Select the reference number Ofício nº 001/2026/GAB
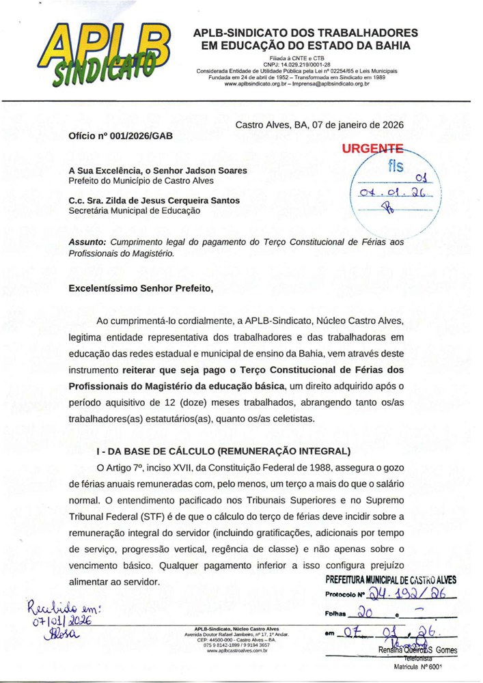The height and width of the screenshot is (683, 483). click(x=121, y=136)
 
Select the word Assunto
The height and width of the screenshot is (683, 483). click(x=87, y=242)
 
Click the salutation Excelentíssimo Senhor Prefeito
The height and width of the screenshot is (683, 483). click(x=141, y=288)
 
